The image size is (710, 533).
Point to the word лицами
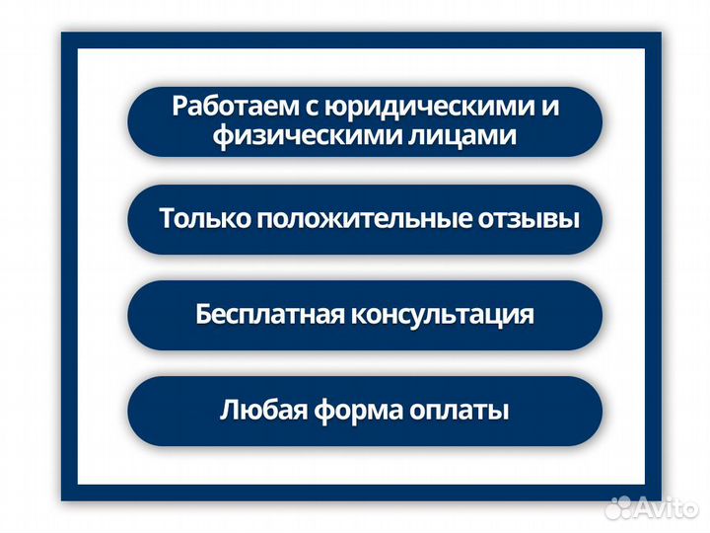pos(461,136)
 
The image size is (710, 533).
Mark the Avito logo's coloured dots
pos(618,508)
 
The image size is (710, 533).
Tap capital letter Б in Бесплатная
pos(204,315)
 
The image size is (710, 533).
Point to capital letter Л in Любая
pos(228,410)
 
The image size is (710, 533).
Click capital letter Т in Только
pos(167,218)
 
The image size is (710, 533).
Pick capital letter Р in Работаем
pos(179,107)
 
